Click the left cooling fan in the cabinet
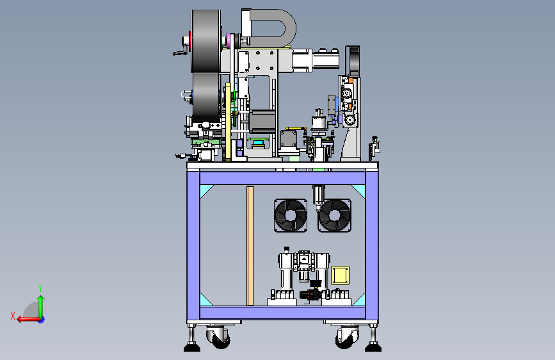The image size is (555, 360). point(291,215)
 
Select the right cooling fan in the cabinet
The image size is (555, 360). point(335,215)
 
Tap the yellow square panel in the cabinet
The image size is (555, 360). point(340,275)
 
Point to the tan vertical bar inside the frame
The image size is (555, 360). point(250,245)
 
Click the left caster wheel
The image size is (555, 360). point(219,338)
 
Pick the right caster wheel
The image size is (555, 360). point(347,338)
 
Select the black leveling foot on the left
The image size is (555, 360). point(192,347)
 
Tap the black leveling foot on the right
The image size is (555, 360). point(373,347)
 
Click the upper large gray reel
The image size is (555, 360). point(206,41)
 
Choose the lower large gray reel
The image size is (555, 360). point(206,95)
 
